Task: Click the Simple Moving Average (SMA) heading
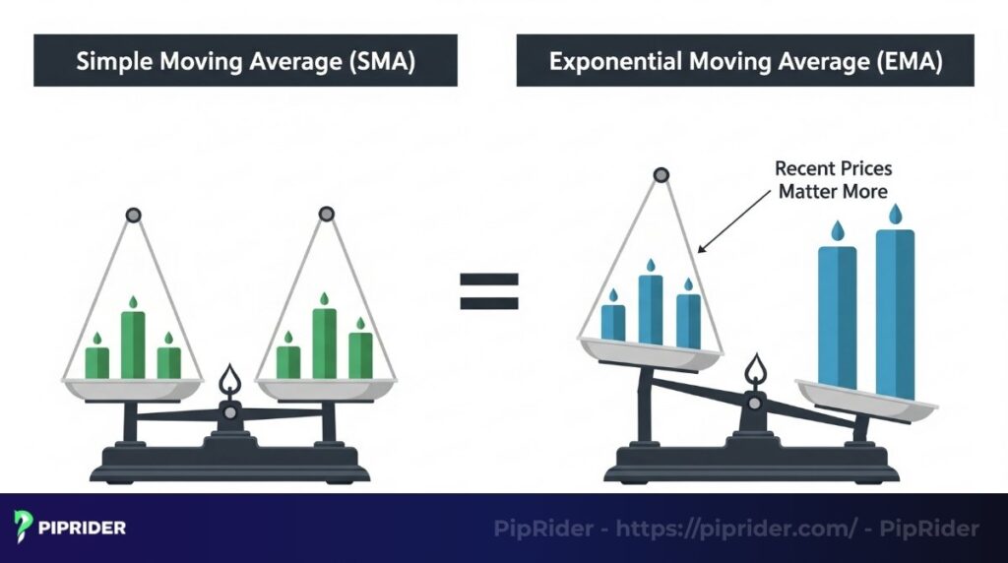(x=245, y=61)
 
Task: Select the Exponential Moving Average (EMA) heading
(x=745, y=61)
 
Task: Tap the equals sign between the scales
(x=488, y=291)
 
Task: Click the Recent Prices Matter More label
(x=833, y=180)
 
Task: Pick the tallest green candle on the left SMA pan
(x=133, y=344)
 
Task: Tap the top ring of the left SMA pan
(x=134, y=215)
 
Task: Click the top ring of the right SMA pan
(x=326, y=214)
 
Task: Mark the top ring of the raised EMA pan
(x=661, y=176)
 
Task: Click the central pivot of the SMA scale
(x=229, y=412)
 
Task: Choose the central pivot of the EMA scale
(x=755, y=403)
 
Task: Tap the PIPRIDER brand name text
(x=83, y=528)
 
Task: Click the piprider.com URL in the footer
(x=736, y=529)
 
